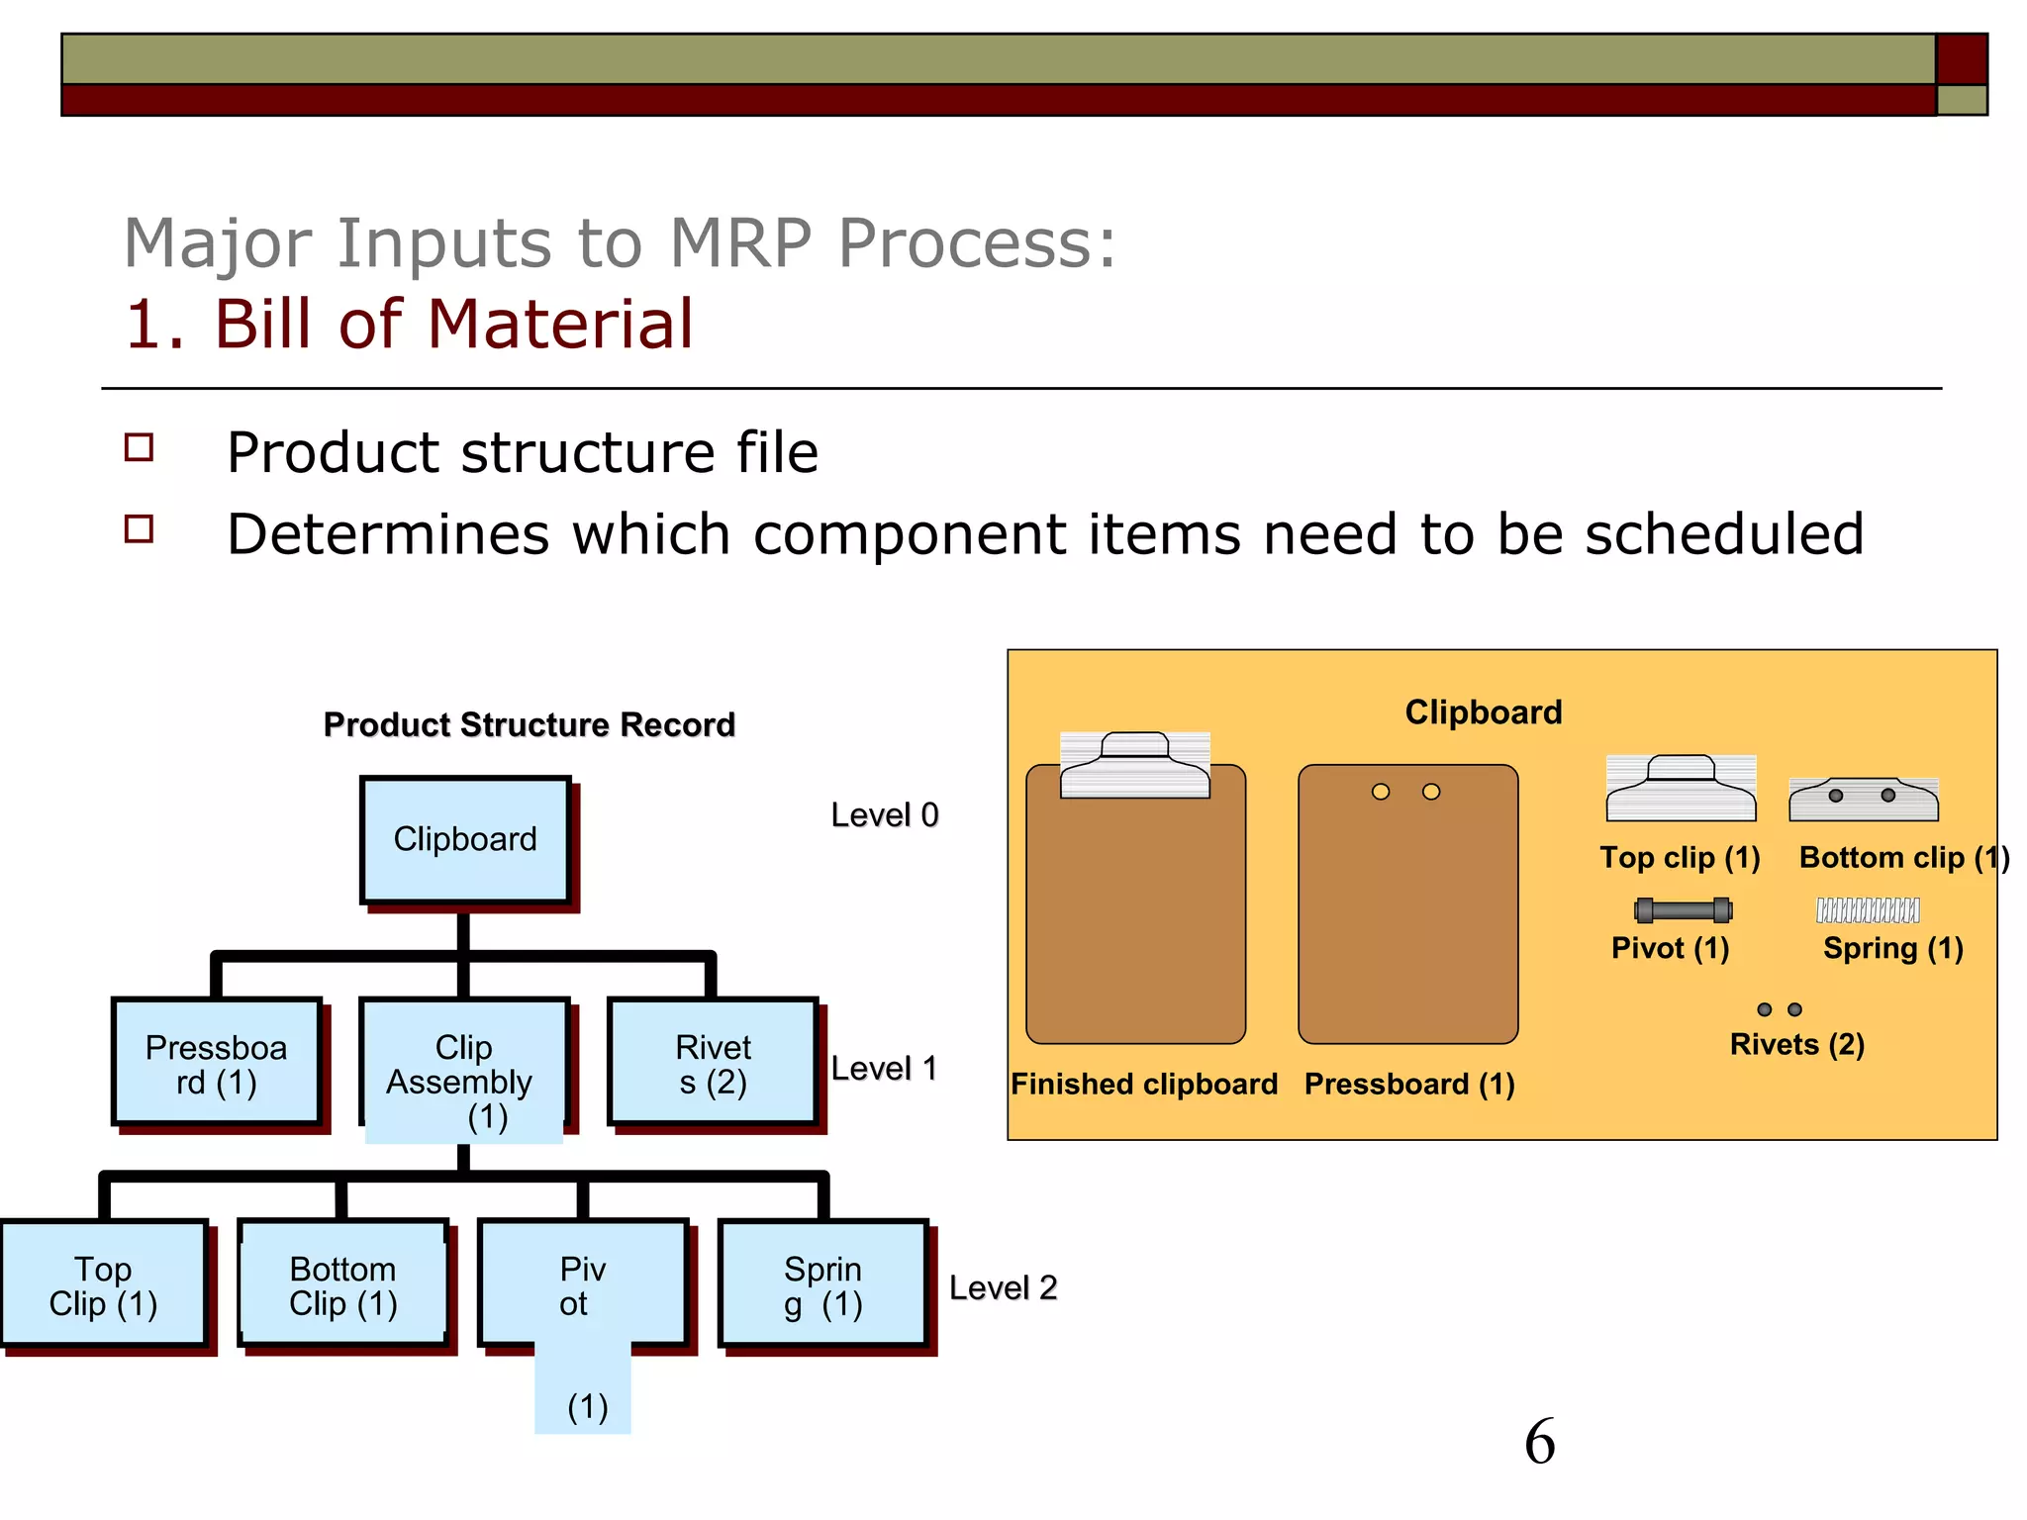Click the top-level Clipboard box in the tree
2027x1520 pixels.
click(x=464, y=840)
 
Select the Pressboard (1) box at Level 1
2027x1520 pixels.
click(x=217, y=1063)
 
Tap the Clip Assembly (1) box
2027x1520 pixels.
click(x=463, y=1065)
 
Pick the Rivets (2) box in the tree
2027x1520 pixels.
click(x=713, y=1063)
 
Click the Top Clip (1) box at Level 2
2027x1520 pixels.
click(x=104, y=1284)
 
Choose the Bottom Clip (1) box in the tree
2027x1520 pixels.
click(x=342, y=1284)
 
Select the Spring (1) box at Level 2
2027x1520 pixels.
click(x=822, y=1284)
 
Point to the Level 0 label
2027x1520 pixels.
click(x=884, y=814)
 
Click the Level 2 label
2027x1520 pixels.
click(x=1003, y=1287)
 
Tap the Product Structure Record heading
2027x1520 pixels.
click(x=530, y=724)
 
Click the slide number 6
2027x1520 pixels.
click(x=1539, y=1442)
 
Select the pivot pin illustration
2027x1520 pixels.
click(x=1683, y=910)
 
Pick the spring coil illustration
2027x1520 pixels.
click(x=1868, y=910)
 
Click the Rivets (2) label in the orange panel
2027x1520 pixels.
click(x=1796, y=1044)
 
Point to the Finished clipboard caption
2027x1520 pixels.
click(x=1143, y=1084)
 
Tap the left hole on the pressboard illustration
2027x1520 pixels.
click(x=1381, y=792)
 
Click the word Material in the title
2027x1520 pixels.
click(x=560, y=325)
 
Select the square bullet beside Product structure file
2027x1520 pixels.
click(x=140, y=448)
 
